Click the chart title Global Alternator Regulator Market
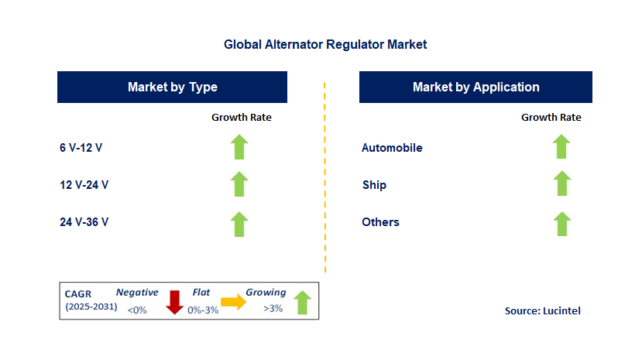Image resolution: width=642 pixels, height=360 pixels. [325, 45]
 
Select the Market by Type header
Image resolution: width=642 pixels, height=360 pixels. [172, 87]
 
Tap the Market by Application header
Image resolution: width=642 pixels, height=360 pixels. [475, 87]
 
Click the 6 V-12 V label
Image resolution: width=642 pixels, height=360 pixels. [81, 148]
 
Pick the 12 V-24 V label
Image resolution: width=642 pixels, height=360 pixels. [84, 185]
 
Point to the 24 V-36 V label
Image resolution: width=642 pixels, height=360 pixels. [84, 222]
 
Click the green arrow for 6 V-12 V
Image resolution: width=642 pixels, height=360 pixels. [240, 147]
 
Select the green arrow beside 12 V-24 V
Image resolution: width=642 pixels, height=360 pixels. [240, 184]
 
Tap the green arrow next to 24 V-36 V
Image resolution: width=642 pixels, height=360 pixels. [240, 223]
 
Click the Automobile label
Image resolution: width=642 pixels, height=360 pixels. [392, 148]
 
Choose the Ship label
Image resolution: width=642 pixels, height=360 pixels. [374, 185]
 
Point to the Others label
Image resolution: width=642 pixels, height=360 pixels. [380, 222]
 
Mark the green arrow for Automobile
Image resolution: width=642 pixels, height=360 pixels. [561, 146]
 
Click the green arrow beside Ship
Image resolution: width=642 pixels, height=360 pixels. [561, 184]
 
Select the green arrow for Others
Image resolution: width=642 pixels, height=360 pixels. [561, 223]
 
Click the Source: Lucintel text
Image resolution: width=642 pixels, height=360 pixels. [542, 310]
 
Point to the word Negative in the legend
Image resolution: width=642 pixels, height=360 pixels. [137, 293]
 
